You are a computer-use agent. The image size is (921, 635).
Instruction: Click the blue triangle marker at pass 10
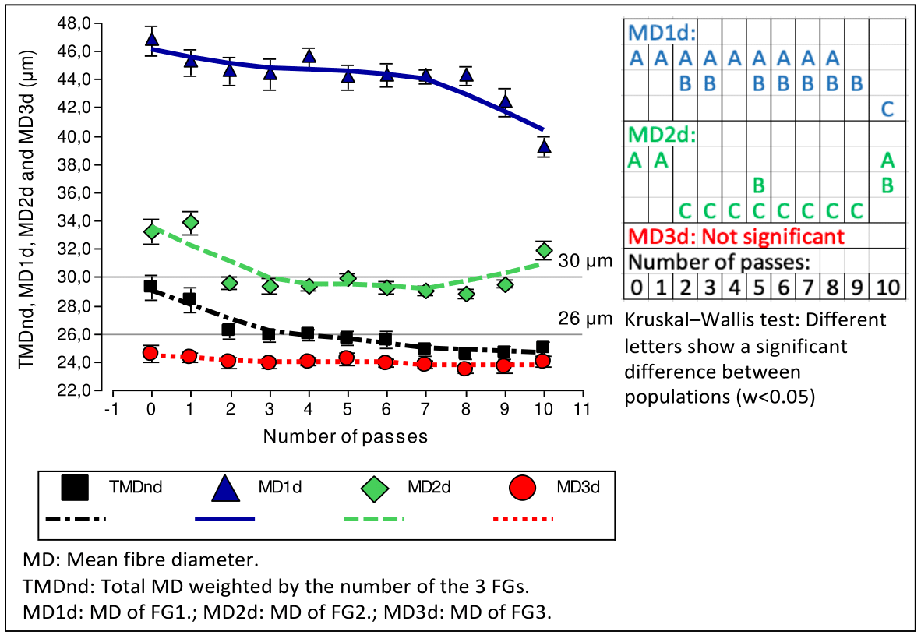coord(544,146)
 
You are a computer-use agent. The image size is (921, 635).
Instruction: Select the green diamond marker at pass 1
coord(189,223)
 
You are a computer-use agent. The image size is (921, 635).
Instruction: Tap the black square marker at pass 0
coord(151,287)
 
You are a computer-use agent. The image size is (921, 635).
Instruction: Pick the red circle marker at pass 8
coord(465,368)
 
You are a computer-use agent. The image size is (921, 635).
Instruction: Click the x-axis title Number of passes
coord(345,436)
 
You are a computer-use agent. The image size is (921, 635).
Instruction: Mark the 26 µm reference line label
coord(580,318)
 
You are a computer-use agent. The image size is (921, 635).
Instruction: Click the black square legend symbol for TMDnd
coord(76,489)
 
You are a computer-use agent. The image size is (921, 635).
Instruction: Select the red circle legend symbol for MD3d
coord(523,489)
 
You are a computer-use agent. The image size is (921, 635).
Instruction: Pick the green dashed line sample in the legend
coord(374,518)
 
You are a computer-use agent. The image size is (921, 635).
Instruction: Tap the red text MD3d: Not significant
coord(736,235)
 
